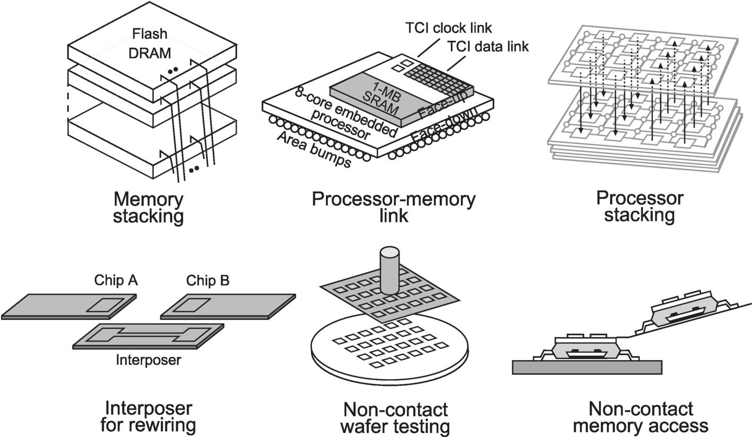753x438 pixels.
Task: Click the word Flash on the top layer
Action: point(150,34)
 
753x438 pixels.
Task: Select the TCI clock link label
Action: point(455,27)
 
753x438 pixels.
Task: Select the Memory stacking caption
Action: point(149,208)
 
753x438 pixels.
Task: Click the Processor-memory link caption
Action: point(394,208)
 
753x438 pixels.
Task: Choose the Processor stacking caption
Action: point(640,207)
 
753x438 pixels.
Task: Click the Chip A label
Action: point(116,280)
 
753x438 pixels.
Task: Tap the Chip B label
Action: point(207,280)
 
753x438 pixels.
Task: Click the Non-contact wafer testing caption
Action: point(395,417)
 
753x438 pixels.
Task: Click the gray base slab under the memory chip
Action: point(587,367)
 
